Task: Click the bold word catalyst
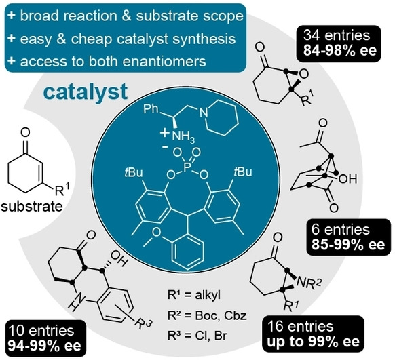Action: tap(86, 92)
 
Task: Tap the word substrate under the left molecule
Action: tap(32, 207)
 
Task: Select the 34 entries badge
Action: tap(339, 43)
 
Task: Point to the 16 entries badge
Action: tap(313, 334)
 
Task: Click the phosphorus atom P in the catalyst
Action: tap(187, 167)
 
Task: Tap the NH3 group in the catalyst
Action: tap(183, 137)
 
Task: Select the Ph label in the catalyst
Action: tap(151, 110)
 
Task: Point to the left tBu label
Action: tap(134, 173)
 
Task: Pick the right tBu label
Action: tap(242, 172)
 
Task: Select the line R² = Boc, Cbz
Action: tap(207, 315)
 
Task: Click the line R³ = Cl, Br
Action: tap(197, 336)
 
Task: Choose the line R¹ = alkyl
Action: tap(194, 295)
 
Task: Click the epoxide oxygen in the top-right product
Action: tap(304, 74)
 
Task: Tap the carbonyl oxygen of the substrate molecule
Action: tap(25, 133)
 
